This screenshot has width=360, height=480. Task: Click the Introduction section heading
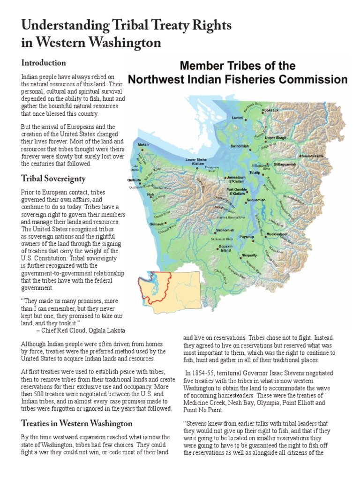pos(43,63)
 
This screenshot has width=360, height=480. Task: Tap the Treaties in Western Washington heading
pos(76,424)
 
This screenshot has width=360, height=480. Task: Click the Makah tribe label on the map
pos(143,145)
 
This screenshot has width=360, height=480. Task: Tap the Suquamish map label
pos(256,200)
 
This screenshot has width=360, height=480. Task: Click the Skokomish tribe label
pos(225,231)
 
